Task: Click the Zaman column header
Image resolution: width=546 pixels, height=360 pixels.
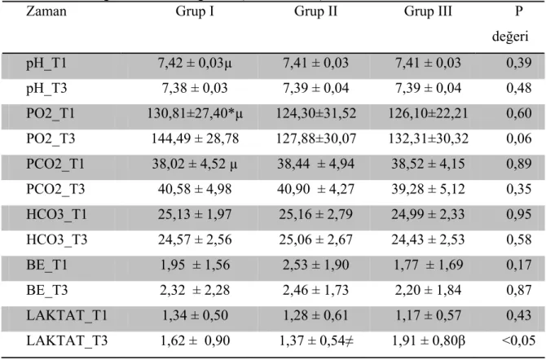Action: point(46,11)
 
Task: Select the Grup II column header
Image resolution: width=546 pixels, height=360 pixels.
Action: point(315,11)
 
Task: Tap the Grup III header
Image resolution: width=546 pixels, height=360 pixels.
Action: point(428,11)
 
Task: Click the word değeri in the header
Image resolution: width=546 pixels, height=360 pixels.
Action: point(510,36)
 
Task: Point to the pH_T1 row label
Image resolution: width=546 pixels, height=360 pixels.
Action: point(46,64)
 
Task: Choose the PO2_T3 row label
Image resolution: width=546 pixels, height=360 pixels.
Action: point(51,138)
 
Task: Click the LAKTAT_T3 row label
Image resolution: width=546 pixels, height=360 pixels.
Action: point(67,340)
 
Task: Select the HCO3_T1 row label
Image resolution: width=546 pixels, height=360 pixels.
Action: point(56,214)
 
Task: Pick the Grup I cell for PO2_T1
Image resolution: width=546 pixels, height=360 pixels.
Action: point(195,113)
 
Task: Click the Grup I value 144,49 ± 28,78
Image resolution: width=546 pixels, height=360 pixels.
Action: point(195,138)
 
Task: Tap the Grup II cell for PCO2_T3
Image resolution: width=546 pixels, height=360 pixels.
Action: point(315,189)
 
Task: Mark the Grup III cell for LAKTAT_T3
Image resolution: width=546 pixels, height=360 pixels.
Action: point(429,340)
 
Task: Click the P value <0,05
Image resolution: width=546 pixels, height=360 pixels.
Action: point(518,340)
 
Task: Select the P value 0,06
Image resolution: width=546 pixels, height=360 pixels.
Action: point(519,138)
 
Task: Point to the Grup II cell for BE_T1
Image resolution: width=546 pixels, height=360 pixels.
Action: point(315,265)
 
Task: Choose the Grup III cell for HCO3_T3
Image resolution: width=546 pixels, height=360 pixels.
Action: point(428,239)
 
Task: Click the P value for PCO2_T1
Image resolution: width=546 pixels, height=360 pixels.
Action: point(519,164)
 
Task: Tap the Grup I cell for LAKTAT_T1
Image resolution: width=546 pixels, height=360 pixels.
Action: point(195,315)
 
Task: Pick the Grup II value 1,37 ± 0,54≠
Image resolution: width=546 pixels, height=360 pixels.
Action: point(316,340)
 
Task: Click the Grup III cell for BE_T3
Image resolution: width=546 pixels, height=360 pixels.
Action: point(428,290)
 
